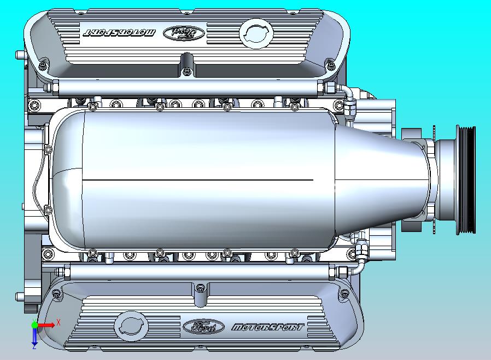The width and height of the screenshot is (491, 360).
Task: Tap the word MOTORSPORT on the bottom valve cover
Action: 268,327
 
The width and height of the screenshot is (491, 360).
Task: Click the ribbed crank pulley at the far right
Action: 465,179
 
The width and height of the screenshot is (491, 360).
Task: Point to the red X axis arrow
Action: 47,325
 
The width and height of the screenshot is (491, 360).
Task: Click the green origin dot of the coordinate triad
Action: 34,325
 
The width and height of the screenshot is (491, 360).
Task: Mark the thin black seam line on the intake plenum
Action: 197,180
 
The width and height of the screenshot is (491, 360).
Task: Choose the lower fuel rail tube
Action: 197,270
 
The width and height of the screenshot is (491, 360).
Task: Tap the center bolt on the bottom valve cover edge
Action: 200,288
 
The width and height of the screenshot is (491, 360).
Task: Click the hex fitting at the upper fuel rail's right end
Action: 331,87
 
